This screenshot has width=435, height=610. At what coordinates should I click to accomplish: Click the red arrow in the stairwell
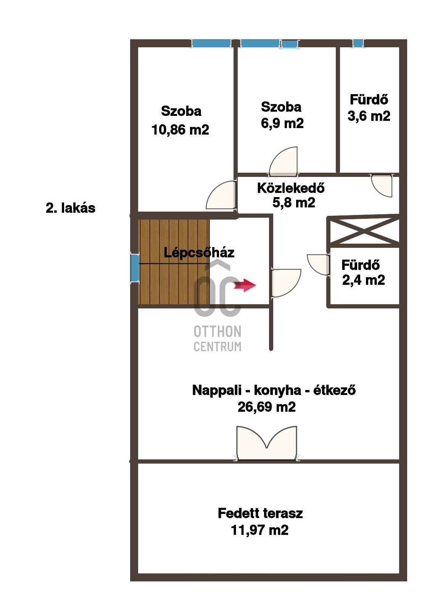pyautogui.click(x=245, y=286)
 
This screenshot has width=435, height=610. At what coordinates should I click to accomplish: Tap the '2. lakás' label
pyautogui.click(x=71, y=208)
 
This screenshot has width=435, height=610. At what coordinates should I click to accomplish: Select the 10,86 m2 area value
pyautogui.click(x=180, y=130)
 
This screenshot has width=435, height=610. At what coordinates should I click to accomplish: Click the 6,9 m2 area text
pyautogui.click(x=282, y=124)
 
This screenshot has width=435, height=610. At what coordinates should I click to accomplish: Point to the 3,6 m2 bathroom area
pyautogui.click(x=369, y=116)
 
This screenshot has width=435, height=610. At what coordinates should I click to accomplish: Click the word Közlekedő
pyautogui.click(x=291, y=188)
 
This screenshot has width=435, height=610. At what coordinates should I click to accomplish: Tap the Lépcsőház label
pyautogui.click(x=199, y=253)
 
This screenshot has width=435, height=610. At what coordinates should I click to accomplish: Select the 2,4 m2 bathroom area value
pyautogui.click(x=364, y=280)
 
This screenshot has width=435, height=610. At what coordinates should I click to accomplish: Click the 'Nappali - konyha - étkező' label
pyautogui.click(x=274, y=390)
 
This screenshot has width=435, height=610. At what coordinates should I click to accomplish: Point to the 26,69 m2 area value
pyautogui.click(x=267, y=407)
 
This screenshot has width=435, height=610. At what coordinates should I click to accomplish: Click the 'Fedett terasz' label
pyautogui.click(x=260, y=513)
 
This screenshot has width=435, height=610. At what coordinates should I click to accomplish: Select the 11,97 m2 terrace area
pyautogui.click(x=259, y=530)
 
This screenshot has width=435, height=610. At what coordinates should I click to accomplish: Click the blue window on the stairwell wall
pyautogui.click(x=135, y=268)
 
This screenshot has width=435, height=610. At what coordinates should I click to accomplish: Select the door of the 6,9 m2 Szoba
pyautogui.click(x=283, y=162)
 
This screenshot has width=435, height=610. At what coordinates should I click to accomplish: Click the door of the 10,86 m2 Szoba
pyautogui.click(x=221, y=195)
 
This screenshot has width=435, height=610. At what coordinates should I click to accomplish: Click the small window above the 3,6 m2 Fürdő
pyautogui.click(x=358, y=43)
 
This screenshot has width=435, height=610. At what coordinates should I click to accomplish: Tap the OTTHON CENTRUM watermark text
pyautogui.click(x=217, y=339)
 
